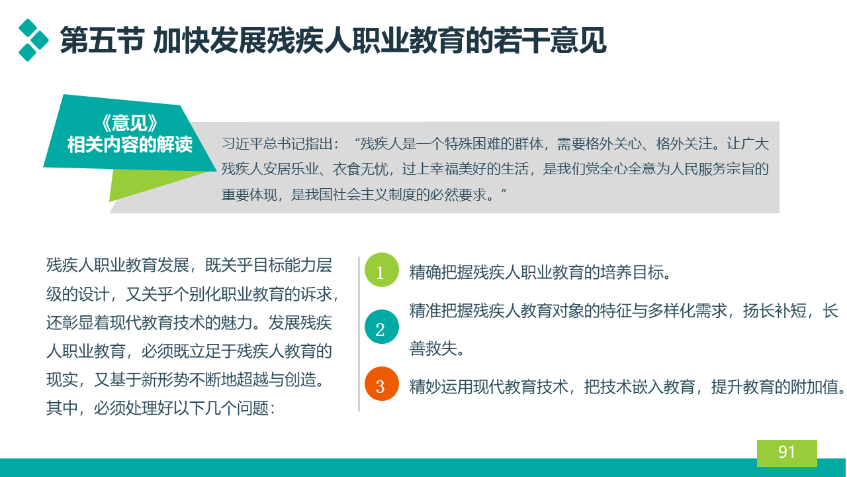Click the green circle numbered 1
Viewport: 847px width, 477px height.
382,270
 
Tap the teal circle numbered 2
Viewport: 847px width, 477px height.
382,327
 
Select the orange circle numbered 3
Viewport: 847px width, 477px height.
382,384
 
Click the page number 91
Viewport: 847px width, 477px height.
787,452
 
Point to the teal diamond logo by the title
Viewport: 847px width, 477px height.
33,40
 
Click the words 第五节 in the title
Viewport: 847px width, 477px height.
102,40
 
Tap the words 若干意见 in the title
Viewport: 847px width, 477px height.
550,40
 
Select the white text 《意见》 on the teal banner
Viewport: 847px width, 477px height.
130,123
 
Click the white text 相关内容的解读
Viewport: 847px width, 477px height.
130,144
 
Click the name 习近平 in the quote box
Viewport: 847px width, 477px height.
242,144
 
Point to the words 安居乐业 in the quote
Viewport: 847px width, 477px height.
291,169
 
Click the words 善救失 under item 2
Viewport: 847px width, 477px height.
433,348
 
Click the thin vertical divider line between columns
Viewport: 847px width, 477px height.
359,334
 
